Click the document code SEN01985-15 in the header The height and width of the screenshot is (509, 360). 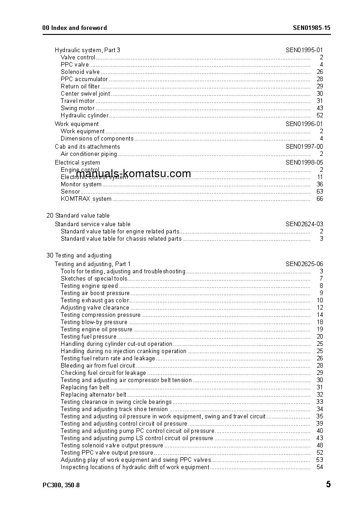[311, 28]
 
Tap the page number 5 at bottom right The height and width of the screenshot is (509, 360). [328, 485]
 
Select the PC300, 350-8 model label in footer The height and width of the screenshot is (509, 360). [61, 485]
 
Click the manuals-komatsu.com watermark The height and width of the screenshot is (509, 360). [134, 174]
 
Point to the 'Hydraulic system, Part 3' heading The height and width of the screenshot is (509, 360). [88, 50]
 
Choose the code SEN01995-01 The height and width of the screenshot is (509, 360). [304, 50]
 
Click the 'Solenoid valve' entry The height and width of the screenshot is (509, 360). [80, 72]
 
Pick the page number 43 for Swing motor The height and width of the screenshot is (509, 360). [320, 108]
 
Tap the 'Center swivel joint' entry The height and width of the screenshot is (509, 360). [85, 93]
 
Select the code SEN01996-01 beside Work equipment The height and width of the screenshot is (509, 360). [304, 124]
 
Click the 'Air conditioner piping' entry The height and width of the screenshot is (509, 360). [89, 154]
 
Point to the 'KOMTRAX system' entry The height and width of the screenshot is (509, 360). [86, 199]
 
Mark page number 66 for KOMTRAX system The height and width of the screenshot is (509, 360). [320, 199]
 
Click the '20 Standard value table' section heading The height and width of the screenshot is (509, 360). [78, 215]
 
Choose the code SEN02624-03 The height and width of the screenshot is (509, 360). [304, 224]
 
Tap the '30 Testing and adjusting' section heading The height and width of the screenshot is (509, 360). [79, 255]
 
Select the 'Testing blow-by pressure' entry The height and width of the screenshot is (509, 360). [94, 322]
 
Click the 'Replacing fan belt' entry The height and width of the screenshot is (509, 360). [85, 387]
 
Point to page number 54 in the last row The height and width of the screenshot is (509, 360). [320, 467]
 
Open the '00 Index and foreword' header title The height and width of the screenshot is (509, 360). [74, 28]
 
